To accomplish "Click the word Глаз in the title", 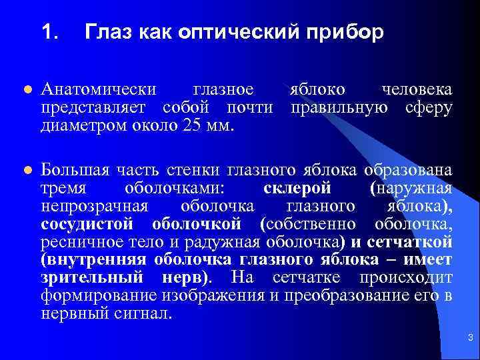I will [109, 32].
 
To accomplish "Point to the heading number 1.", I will [49, 32].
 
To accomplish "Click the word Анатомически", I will [99, 90].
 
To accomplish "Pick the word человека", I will [416, 90].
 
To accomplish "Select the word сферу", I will [429, 107].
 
